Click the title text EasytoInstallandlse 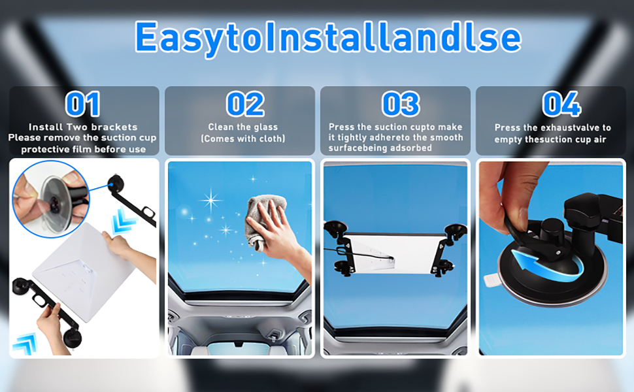327,37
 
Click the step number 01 83,105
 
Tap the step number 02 245,105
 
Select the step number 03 400,105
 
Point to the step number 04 561,105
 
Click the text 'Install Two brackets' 83,127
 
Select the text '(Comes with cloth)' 242,139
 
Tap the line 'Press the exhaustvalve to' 552,128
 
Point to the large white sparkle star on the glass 210,199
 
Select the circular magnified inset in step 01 50,198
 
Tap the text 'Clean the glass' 242,127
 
